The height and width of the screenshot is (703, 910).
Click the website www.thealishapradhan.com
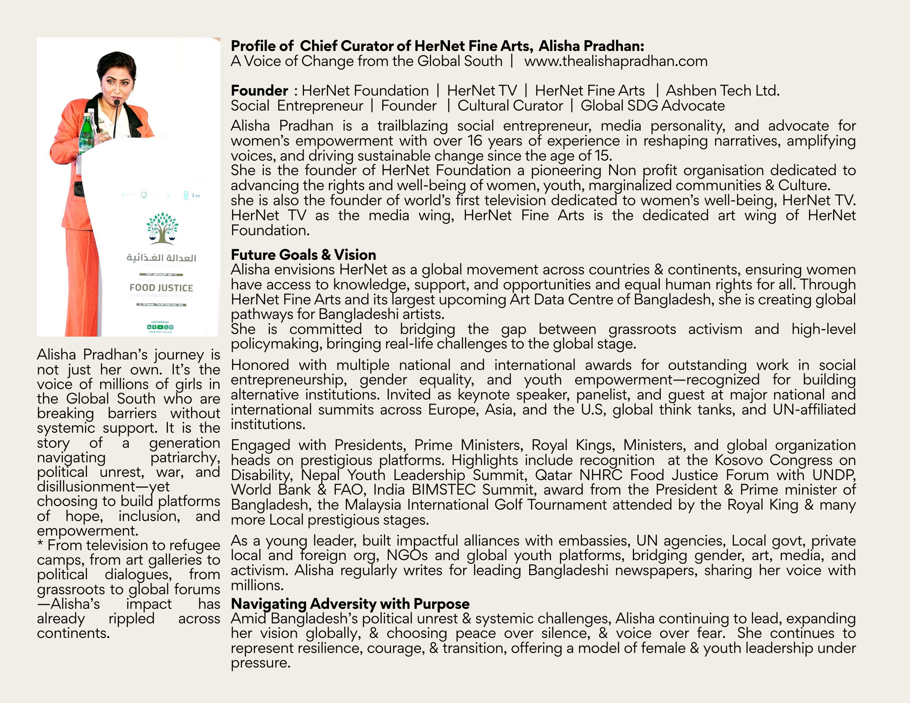(x=616, y=61)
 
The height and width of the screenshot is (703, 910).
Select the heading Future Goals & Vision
(x=303, y=254)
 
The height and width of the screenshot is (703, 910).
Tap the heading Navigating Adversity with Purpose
(x=350, y=604)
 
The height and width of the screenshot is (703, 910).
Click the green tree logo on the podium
(x=162, y=228)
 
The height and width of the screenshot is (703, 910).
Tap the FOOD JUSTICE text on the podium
(x=161, y=288)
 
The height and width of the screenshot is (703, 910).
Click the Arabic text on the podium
(x=161, y=258)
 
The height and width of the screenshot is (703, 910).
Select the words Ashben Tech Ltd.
(x=723, y=91)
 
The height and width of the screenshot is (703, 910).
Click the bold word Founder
(x=259, y=91)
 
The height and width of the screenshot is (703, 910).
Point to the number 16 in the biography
(x=475, y=141)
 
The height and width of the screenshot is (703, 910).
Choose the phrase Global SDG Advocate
(x=652, y=106)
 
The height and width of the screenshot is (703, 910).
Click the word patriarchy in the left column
(x=185, y=457)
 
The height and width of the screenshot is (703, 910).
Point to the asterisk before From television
(x=40, y=544)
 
